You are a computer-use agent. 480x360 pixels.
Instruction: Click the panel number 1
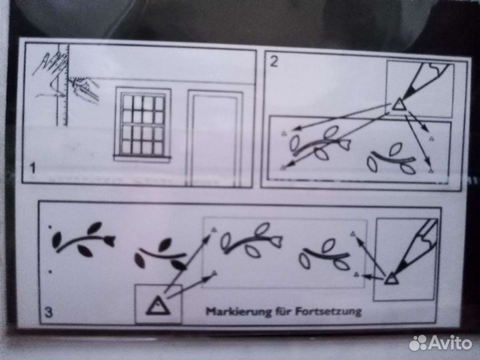click(x=32, y=169)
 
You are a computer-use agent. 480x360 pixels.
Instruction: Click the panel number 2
click(x=274, y=61)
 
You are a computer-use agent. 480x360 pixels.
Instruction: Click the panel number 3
click(x=49, y=312)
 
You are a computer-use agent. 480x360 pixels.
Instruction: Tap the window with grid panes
click(x=143, y=124)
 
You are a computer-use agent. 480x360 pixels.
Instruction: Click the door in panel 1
click(x=215, y=138)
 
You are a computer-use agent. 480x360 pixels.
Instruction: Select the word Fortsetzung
click(x=328, y=311)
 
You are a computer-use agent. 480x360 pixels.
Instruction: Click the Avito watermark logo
click(x=440, y=343)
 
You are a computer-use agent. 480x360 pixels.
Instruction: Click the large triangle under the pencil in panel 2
click(x=399, y=105)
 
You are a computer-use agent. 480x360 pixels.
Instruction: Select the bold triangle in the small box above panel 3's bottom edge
click(x=158, y=306)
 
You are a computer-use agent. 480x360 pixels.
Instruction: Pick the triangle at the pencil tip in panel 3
click(x=391, y=278)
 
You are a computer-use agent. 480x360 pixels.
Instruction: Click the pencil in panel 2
click(x=425, y=79)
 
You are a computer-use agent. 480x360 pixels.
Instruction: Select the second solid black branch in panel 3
click(x=160, y=254)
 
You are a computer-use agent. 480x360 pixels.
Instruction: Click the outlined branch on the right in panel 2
click(x=392, y=159)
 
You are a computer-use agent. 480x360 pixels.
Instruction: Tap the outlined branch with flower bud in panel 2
click(x=320, y=144)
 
